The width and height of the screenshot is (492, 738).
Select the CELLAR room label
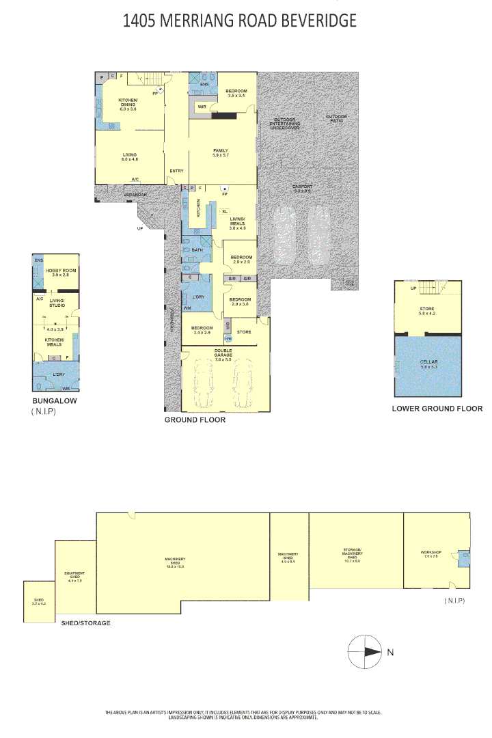[x=428, y=364]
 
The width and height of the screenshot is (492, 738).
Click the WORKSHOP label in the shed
[x=431, y=553]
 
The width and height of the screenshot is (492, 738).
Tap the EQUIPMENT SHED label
[x=74, y=575]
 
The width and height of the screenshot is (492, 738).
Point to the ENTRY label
[x=176, y=172]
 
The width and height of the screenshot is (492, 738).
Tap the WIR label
[x=202, y=107]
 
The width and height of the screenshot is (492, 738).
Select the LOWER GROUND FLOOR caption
[x=437, y=409]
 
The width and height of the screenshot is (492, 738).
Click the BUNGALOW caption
[x=55, y=401]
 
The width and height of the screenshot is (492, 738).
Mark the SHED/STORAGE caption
[x=85, y=623]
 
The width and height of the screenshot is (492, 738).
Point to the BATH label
[x=197, y=250]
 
